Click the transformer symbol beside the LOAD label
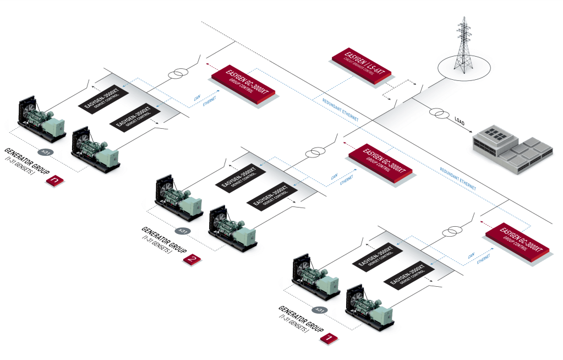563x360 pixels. tap(440, 114)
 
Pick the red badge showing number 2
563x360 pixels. tap(191, 259)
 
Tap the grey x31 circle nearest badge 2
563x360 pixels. tap(184, 231)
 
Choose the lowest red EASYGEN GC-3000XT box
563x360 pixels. tap(517, 240)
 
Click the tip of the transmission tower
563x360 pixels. tap(463, 18)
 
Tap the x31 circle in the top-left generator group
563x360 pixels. tap(47, 152)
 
